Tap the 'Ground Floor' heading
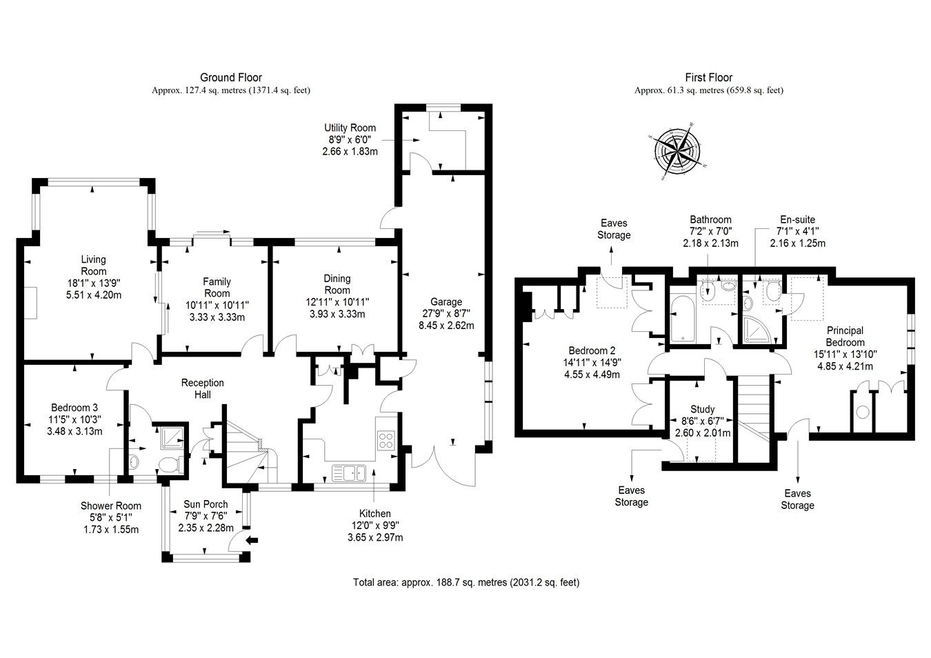tap(230, 77)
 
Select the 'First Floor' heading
tap(708, 77)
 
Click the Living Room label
tap(94, 266)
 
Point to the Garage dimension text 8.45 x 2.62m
tap(446, 326)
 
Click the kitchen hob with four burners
tap(386, 440)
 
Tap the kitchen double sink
tap(352, 472)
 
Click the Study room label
tap(702, 409)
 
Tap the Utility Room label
tap(350, 128)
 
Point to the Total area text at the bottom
tap(465, 582)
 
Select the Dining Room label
tap(337, 284)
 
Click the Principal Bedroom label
tap(845, 337)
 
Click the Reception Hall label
tap(202, 388)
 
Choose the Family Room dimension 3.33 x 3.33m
tap(217, 317)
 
